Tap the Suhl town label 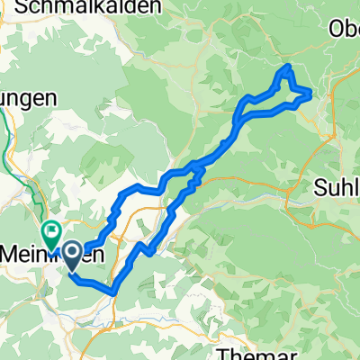click(338, 188)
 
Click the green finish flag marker click(49, 232)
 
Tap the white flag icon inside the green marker click(49, 229)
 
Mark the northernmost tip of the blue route click(288, 66)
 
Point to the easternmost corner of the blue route click(311, 93)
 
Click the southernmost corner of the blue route click(114, 292)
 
